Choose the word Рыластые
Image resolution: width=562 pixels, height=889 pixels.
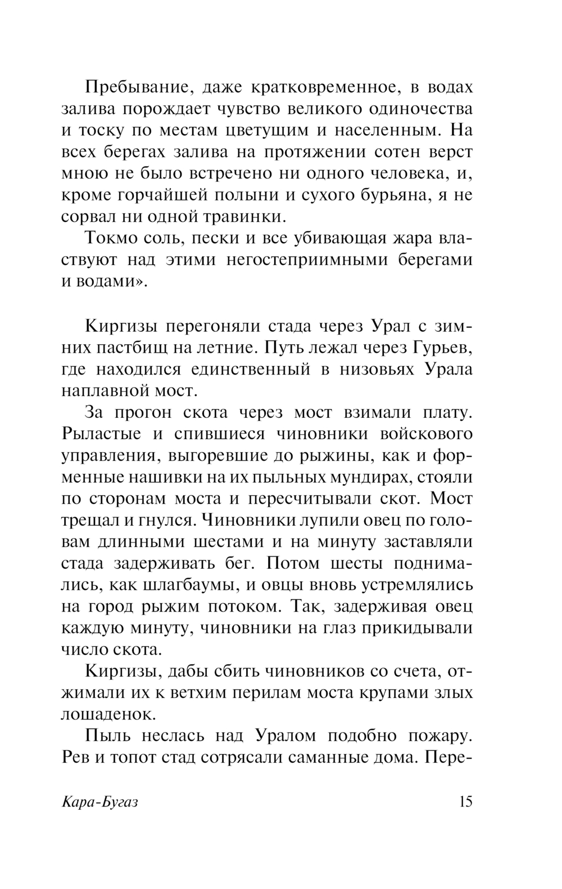99,434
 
